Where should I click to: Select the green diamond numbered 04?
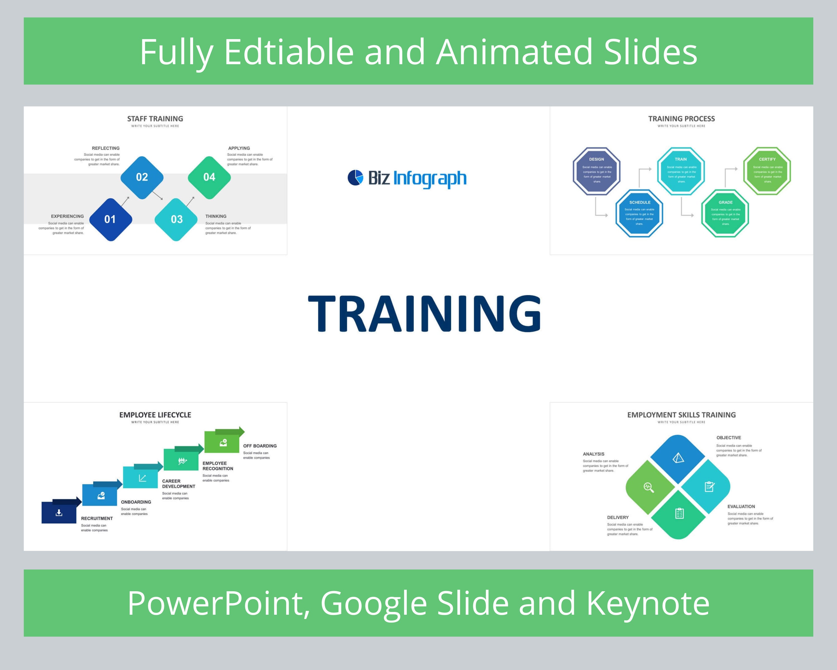209,178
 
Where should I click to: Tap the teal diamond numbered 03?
176,219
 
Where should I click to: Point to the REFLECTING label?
105,148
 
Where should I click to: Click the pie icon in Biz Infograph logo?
355,178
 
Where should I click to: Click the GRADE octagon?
725,213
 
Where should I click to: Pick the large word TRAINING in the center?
424,314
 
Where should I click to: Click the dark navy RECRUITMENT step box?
59,513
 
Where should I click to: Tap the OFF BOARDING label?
260,446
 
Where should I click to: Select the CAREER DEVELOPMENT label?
178,484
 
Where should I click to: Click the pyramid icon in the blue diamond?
678,458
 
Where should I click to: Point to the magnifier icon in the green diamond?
649,487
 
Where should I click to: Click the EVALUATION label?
741,506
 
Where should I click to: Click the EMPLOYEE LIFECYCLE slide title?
155,415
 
